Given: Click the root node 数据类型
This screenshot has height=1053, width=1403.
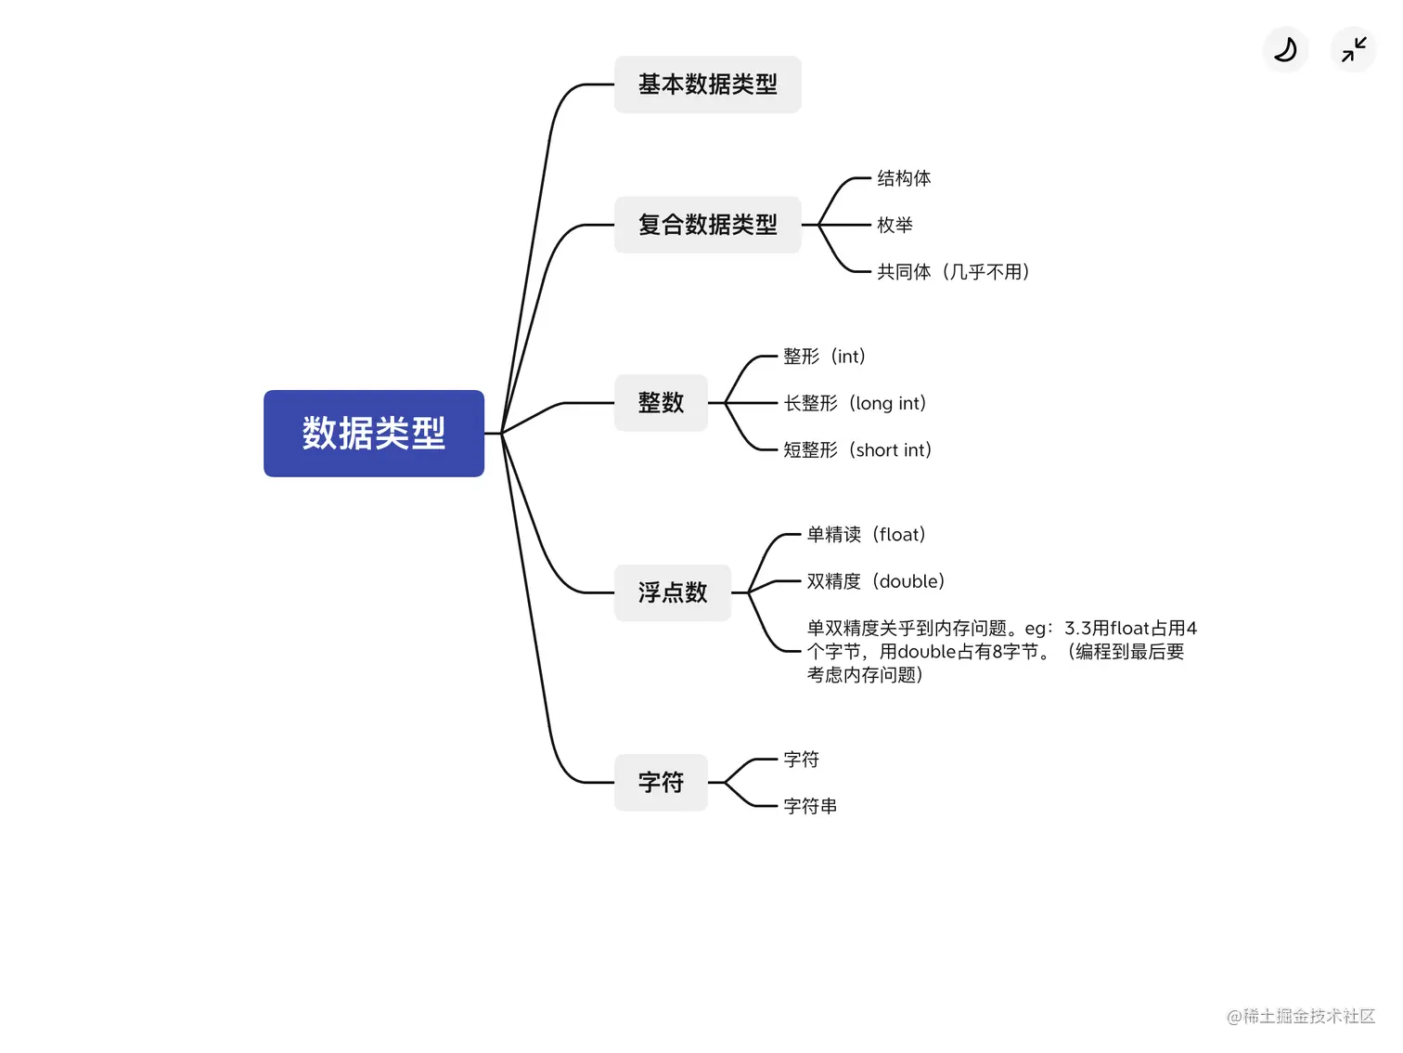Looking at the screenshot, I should tap(373, 434).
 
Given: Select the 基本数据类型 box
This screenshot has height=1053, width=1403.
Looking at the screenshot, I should tap(707, 84).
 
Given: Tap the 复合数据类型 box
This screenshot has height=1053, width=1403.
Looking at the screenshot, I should tap(707, 225).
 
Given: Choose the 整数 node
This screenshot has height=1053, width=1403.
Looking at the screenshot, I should tap(661, 403).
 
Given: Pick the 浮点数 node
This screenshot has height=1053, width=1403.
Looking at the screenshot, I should tap(673, 592).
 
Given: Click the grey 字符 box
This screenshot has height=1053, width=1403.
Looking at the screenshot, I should tap(661, 783).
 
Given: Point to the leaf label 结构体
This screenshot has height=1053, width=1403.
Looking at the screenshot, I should tap(904, 178).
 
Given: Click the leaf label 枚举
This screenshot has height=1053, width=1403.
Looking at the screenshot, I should tap(895, 225).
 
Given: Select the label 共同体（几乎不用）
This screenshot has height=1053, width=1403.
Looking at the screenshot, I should tap(953, 272).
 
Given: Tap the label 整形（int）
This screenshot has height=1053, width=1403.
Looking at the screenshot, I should tap(824, 357).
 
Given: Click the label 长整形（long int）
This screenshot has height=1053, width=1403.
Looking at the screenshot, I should tap(855, 403).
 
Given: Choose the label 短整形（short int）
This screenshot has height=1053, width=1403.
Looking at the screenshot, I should tap(857, 450).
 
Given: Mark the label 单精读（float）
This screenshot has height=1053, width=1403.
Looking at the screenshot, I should tap(866, 535).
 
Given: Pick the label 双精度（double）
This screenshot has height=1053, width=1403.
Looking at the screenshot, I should tap(875, 581).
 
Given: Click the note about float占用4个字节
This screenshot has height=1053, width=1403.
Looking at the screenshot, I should tap(1000, 652).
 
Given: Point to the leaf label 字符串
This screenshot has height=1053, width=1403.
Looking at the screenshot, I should tap(810, 806).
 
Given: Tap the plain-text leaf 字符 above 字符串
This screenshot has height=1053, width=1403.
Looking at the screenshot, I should tap(801, 760).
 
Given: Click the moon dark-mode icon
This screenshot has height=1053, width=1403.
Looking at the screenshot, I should tap(1285, 49).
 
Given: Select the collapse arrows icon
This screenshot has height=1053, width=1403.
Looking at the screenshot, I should tap(1354, 49).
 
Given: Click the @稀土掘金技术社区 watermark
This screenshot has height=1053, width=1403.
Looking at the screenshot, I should tap(1300, 1016).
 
